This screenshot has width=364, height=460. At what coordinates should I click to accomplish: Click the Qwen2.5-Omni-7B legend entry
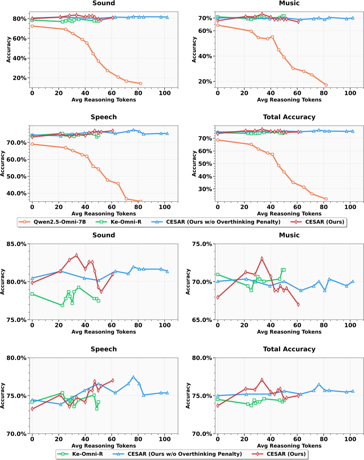(59, 222)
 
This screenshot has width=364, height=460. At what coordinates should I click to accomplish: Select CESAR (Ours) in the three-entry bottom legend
(286, 454)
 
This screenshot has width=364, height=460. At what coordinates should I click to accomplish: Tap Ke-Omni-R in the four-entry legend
(126, 222)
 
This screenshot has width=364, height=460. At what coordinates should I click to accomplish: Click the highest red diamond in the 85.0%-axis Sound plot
(76, 255)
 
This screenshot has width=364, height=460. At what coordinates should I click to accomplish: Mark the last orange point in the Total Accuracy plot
(326, 199)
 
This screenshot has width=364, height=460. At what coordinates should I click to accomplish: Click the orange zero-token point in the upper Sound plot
(32, 26)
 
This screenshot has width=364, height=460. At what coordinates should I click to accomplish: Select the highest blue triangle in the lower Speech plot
(133, 377)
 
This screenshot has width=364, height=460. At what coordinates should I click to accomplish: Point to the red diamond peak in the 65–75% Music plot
(262, 259)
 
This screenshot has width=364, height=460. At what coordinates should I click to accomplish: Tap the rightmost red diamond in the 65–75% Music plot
(298, 304)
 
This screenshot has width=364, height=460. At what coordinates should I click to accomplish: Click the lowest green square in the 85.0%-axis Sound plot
(62, 305)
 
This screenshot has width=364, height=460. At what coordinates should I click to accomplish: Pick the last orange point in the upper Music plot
(326, 85)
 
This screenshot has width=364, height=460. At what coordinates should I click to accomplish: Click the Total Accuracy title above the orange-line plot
(289, 117)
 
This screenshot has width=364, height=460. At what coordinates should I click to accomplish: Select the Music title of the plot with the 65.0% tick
(289, 235)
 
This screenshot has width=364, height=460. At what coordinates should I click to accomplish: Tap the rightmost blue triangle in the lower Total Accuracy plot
(353, 391)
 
